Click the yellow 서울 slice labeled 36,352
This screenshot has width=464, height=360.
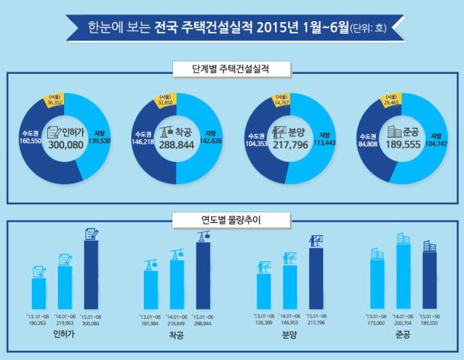pyautogui.click(x=55, y=100)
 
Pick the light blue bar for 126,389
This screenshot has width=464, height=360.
pyautogui.click(x=264, y=290)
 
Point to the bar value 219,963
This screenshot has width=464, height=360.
pyautogui.click(x=64, y=322)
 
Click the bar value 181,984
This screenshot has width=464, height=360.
pyautogui.click(x=149, y=322)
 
